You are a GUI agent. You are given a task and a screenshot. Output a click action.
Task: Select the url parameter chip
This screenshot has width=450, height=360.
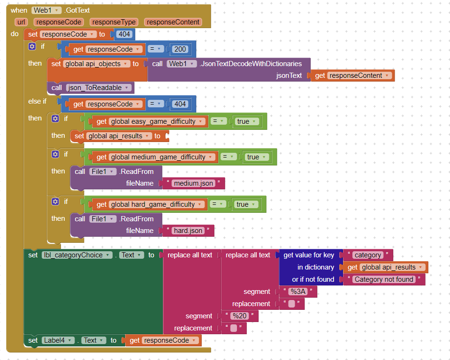pos(21,22)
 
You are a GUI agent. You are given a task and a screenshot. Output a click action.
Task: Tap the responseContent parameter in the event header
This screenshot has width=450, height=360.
pos(173,22)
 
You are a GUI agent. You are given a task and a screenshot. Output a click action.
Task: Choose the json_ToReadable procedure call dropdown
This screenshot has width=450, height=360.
pos(98,88)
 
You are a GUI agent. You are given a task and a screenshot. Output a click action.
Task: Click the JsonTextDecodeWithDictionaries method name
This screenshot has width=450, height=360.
pos(251,64)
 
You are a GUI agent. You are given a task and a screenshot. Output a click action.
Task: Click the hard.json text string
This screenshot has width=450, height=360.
pos(188,231)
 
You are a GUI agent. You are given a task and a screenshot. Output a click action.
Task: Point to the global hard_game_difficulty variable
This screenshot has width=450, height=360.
pos(158,204)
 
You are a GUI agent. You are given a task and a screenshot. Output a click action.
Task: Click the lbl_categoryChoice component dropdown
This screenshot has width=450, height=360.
pos(77,255)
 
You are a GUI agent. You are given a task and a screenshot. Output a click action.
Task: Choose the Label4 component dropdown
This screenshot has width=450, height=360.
pos(58,340)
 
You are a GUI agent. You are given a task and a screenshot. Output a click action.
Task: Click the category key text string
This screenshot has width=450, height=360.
pos(368,255)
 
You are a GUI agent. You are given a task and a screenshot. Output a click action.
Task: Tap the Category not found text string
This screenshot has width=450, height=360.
pos(384,279)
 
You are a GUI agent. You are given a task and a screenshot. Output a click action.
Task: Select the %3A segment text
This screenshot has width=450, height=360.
pos(297,292)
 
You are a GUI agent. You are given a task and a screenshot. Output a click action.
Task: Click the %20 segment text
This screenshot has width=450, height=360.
pos(239,316)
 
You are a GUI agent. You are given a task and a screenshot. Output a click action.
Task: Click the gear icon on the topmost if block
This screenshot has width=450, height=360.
pos(32,46)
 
